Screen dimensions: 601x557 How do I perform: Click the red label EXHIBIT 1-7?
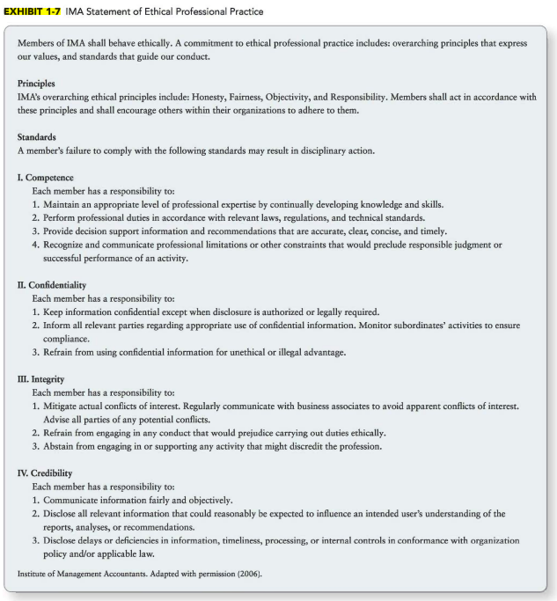click(36, 9)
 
